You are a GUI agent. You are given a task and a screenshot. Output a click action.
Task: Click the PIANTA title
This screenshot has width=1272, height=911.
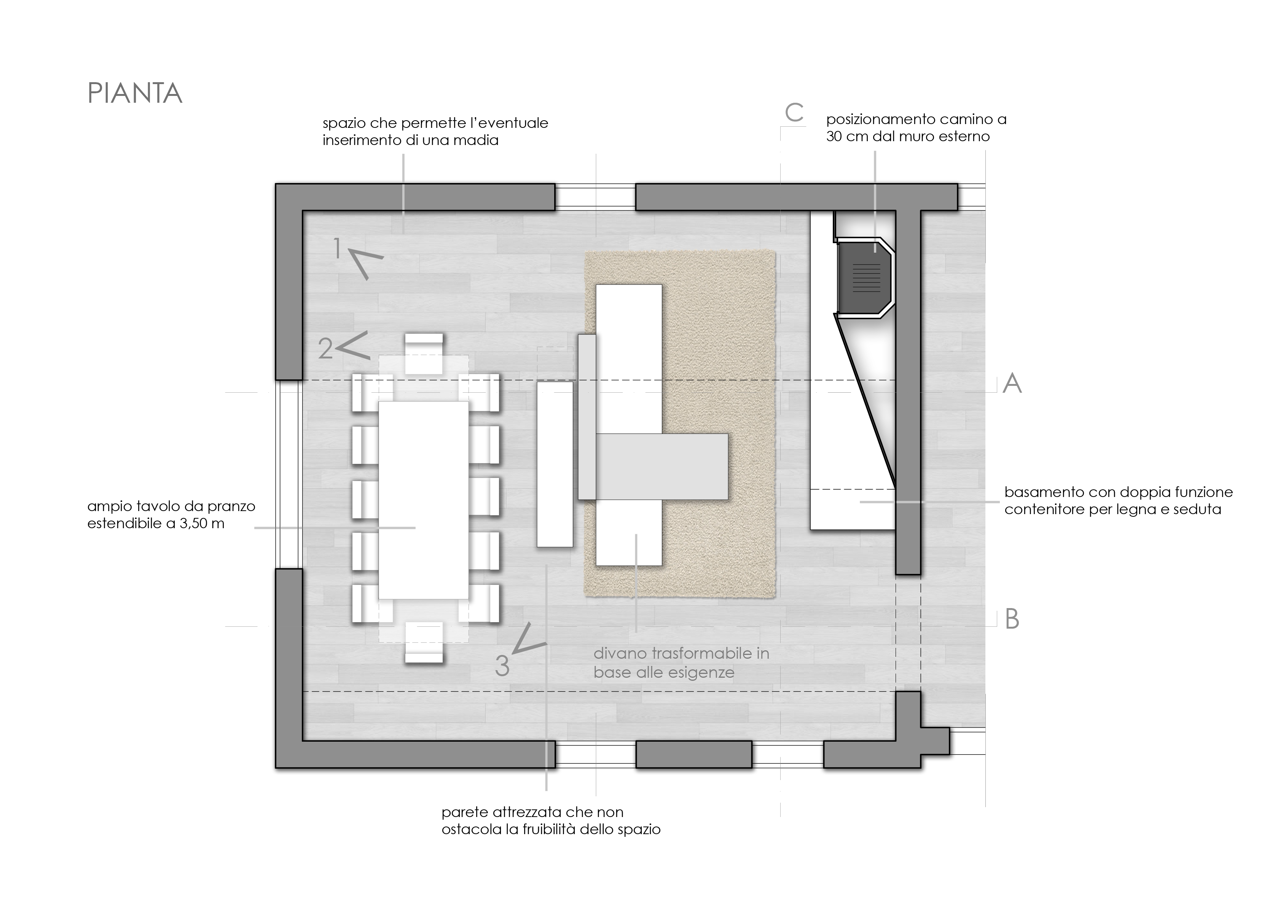[x=135, y=94]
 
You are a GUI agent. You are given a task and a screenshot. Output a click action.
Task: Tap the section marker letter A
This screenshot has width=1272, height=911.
[x=1012, y=384]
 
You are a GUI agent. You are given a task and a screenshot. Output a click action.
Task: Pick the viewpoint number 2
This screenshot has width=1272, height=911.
[x=325, y=349]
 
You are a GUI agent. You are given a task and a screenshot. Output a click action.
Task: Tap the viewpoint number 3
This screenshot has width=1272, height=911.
[x=502, y=666]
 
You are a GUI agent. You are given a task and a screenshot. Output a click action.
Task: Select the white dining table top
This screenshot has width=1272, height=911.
[x=424, y=500]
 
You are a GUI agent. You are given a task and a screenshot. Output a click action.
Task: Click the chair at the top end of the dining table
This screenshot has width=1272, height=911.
[x=424, y=354]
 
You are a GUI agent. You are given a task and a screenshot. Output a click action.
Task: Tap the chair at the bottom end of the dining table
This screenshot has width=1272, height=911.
[x=424, y=643]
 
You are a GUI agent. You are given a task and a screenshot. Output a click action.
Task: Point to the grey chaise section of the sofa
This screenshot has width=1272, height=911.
[x=662, y=467]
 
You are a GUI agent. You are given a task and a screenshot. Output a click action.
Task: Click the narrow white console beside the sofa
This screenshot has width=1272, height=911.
[x=555, y=464]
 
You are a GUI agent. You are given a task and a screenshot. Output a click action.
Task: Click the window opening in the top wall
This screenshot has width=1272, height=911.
[x=595, y=197]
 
